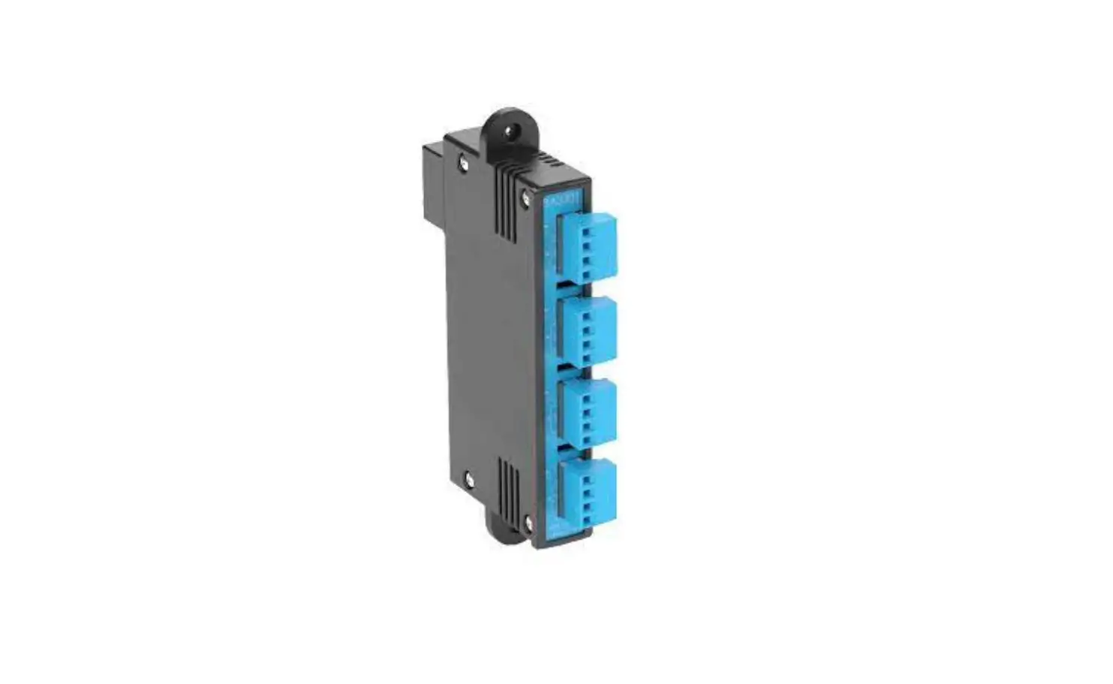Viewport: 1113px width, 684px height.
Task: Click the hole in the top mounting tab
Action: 512,132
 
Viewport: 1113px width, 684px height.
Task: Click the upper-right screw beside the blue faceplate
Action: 525,196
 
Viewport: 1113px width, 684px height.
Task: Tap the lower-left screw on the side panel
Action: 469,476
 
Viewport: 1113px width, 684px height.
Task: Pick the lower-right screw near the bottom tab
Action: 530,520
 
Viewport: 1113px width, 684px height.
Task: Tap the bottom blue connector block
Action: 589,491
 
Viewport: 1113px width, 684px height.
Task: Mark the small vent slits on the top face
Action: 555,162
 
